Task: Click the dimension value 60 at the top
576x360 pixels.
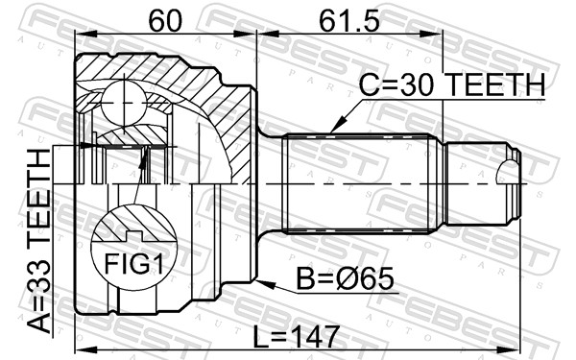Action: (165, 20)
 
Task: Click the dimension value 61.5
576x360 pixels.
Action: (348, 20)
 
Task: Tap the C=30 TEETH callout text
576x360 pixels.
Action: (452, 84)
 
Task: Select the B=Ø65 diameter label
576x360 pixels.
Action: (345, 278)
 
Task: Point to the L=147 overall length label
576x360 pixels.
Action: (296, 337)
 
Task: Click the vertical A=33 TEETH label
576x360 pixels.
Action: (39, 241)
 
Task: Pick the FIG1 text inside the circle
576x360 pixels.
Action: (133, 263)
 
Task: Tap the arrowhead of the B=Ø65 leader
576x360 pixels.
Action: (266, 284)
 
